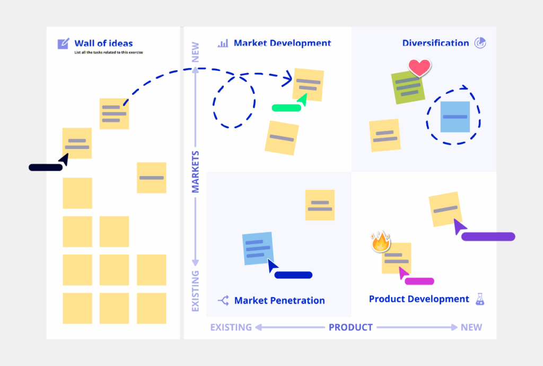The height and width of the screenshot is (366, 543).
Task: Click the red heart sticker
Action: pos(419,68)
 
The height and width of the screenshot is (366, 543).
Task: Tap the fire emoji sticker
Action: pos(380,242)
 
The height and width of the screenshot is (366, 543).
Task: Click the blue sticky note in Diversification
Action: pos(455,117)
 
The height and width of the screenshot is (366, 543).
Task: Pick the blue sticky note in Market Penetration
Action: pos(258,248)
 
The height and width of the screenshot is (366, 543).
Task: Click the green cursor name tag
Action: pos(286,108)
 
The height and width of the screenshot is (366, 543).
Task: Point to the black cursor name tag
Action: pos(45,168)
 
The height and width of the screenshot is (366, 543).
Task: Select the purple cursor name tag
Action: pos(488,237)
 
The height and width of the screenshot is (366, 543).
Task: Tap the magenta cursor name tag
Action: pos(419,281)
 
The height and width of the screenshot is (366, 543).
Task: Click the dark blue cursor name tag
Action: pos(293,275)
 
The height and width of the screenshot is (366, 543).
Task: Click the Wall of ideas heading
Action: pos(103,43)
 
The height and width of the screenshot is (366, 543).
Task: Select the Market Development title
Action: pos(282,43)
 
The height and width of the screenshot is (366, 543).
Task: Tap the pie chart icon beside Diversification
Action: pos(480,43)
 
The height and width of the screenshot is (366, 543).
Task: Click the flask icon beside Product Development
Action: pos(480,299)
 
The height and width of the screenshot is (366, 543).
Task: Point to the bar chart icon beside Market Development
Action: pos(223,43)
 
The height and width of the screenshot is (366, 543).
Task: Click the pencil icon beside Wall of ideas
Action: pos(63,43)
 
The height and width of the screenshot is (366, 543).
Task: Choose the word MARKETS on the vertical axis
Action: pos(195,171)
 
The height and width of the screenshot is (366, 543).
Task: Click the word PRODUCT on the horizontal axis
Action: pos(351,327)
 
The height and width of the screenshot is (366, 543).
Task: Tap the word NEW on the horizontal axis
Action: pos(471,327)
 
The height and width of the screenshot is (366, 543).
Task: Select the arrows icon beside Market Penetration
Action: pos(223,300)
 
